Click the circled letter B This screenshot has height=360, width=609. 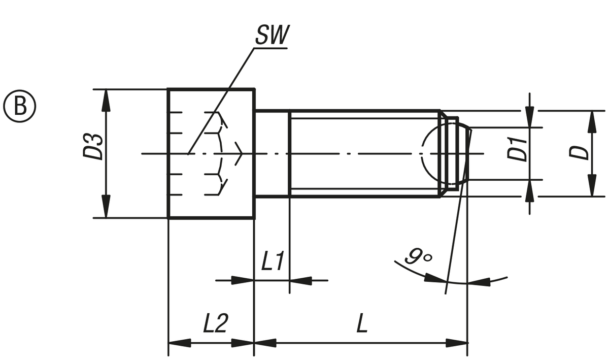click(x=20, y=106)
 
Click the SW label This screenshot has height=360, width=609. click(x=273, y=35)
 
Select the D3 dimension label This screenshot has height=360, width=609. click(x=93, y=146)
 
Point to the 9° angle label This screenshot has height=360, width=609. click(x=418, y=256)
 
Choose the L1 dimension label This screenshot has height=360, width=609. click(x=273, y=261)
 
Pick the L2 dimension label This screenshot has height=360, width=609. click(x=216, y=323)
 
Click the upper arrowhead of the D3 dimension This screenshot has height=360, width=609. click(x=106, y=101)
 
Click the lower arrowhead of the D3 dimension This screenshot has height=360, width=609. click(x=106, y=207)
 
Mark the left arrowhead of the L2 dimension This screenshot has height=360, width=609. click(x=180, y=343)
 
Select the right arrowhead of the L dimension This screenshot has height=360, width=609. click(x=457, y=343)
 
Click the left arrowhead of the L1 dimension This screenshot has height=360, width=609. click(x=243, y=280)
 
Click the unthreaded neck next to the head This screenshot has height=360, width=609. click(x=272, y=153)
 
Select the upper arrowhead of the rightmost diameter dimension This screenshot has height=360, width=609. click(x=593, y=122)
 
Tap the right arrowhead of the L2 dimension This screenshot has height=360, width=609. click(x=243, y=343)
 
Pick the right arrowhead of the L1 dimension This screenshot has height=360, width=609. click(x=300, y=280)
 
